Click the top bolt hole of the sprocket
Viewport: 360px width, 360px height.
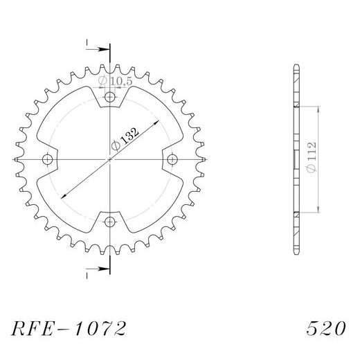[110, 98]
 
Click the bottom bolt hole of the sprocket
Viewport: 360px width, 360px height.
[110, 222]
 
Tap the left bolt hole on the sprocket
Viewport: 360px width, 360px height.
[48, 160]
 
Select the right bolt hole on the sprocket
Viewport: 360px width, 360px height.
[172, 160]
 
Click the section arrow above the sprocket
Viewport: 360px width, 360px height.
[103, 50]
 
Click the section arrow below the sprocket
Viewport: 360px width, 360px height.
[103, 269]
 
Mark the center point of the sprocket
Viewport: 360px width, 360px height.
[110, 160]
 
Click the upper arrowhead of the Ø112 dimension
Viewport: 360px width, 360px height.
[319, 109]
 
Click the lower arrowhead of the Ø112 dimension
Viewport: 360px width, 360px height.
[319, 210]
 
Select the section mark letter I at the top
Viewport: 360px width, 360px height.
[87, 42]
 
